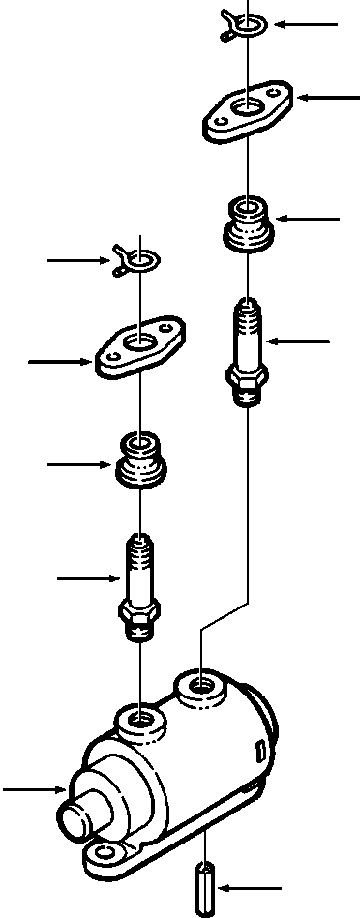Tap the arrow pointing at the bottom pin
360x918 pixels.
pos(252,885)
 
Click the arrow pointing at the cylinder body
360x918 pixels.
pos(34,790)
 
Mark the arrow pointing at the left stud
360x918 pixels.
pos(89,578)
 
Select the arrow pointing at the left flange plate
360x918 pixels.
pos(61,362)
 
